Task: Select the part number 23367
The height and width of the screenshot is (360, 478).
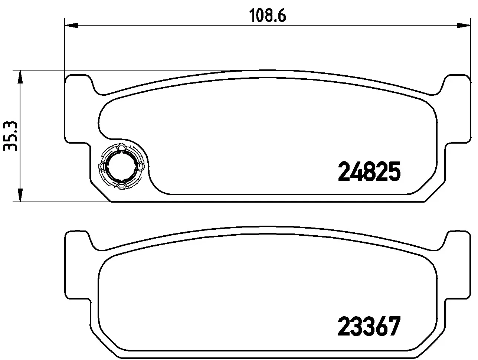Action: click(x=369, y=326)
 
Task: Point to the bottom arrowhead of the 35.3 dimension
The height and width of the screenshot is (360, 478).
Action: click(x=20, y=195)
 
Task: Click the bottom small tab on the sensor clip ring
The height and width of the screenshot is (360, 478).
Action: click(x=121, y=184)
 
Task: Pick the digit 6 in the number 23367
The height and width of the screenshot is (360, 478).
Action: click(x=381, y=326)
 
